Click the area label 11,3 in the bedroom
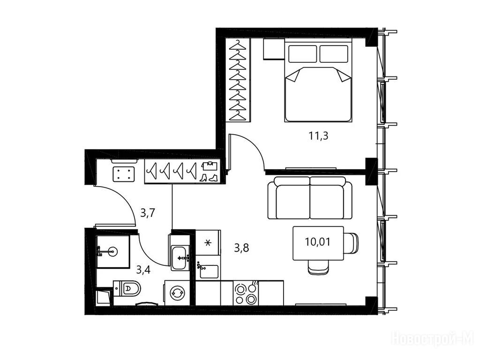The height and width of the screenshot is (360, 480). click(318, 135)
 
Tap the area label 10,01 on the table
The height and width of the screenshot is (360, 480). click(318, 242)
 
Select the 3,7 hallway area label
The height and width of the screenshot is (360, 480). click(148, 212)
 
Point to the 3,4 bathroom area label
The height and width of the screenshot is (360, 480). click(143, 270)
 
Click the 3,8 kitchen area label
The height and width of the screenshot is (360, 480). click(241, 247)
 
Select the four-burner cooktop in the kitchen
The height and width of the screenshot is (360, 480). click(246, 293)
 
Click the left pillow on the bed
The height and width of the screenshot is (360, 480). click(302, 54)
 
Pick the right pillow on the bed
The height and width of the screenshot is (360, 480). click(334, 54)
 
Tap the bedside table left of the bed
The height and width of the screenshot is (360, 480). click(274, 49)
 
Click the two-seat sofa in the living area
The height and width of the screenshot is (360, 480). click(310, 198)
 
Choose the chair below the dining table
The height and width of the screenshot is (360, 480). click(319, 267)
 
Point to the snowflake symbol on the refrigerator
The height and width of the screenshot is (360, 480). click(208, 243)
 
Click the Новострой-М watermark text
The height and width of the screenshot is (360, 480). click(433, 339)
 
